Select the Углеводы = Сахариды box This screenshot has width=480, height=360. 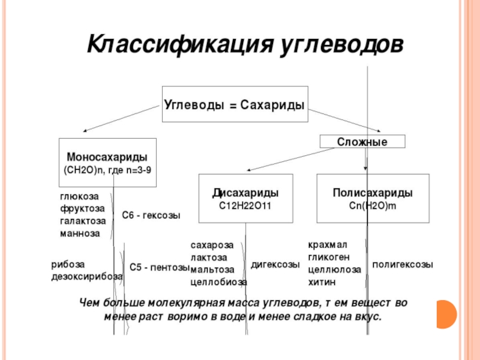(x=234, y=104)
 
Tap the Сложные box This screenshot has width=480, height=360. (x=362, y=142)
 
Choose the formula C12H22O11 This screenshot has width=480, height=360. (x=245, y=205)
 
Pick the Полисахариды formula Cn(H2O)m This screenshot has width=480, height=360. (x=372, y=205)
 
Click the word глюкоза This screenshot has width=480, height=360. (x=79, y=196)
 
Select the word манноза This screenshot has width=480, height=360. (x=80, y=232)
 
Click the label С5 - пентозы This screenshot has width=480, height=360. (x=160, y=268)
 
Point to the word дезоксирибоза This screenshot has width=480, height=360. (x=87, y=277)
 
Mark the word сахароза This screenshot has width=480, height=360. (x=212, y=245)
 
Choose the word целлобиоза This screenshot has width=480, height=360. (x=218, y=281)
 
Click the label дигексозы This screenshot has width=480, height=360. (x=275, y=265)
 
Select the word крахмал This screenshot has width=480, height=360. (x=328, y=245)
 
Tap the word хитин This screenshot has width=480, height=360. (x=322, y=281)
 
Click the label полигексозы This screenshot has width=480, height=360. (x=403, y=265)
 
